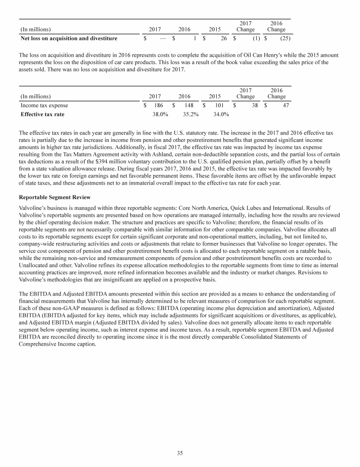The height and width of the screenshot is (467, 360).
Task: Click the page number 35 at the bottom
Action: coord(180,453)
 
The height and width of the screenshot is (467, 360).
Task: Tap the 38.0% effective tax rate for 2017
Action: coord(161,114)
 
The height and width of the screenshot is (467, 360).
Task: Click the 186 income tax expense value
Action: coord(159,106)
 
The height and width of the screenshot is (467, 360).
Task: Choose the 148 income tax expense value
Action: coord(189,106)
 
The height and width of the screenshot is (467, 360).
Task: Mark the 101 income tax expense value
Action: coord(219,106)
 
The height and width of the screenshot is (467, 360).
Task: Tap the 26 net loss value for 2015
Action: coord(224,38)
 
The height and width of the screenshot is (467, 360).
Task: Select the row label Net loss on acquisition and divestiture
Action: coord(69,38)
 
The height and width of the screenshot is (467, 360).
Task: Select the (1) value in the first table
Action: coord(256,38)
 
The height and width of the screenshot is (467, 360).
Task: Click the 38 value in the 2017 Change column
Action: coord(255,106)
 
